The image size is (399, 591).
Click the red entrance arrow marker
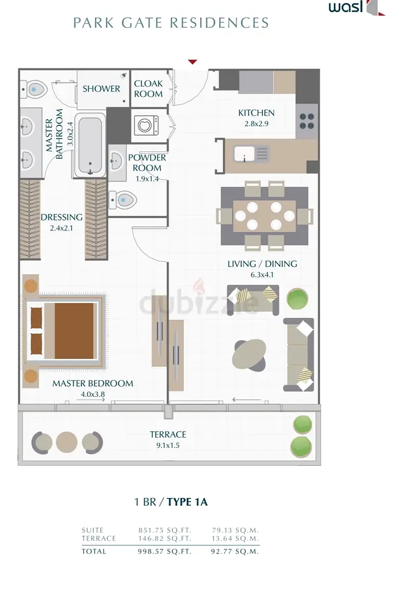click(193, 62)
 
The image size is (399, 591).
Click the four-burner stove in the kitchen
click(307, 121)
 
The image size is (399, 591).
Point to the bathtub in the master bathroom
click(90, 145)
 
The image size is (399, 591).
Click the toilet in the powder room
click(123, 200)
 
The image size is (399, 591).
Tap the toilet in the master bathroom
click(33, 89)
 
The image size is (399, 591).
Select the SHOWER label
click(101, 88)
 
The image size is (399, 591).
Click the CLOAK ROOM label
click(148, 88)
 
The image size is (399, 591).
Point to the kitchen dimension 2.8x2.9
click(257, 124)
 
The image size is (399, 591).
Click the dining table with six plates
click(265, 216)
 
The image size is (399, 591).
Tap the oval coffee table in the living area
click(249, 354)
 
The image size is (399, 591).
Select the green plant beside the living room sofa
click(298, 299)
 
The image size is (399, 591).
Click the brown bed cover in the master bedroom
click(74, 331)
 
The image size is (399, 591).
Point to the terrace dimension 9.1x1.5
click(168, 445)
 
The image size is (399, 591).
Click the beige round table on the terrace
click(67, 443)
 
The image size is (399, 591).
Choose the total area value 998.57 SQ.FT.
click(164, 551)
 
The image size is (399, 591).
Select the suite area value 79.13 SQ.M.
click(235, 530)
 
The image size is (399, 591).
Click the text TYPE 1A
click(187, 502)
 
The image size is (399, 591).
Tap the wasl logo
click(356, 8)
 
